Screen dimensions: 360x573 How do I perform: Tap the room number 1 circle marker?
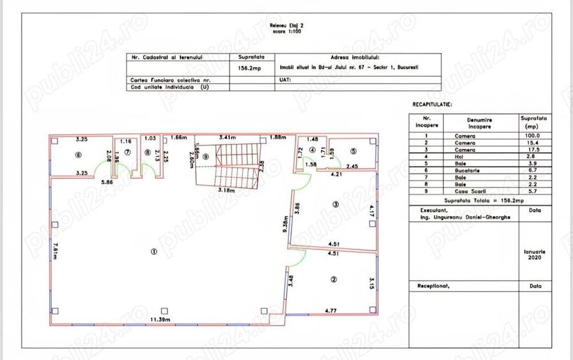coord(153,251)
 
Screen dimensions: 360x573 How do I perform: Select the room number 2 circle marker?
coord(334,279)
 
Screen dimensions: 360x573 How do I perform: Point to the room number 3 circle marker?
coord(334,204)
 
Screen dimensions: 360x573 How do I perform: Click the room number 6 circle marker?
coord(78,154)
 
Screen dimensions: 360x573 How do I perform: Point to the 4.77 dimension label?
coord(331,311)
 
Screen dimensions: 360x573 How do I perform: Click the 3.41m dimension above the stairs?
coord(227,137)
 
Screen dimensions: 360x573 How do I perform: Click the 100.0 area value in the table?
coord(532,136)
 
